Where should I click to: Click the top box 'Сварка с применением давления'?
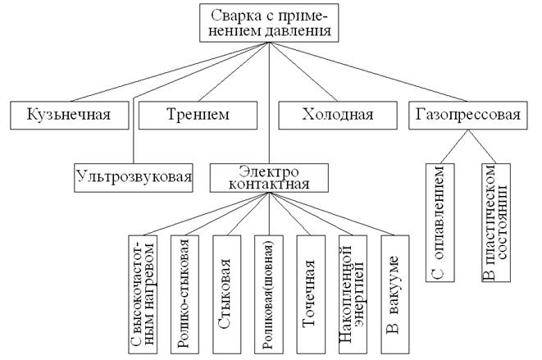coord(267,23)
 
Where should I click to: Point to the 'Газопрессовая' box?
coord(464,116)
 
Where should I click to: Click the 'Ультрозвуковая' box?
coord(133,175)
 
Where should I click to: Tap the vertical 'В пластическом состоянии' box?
coord(495,221)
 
